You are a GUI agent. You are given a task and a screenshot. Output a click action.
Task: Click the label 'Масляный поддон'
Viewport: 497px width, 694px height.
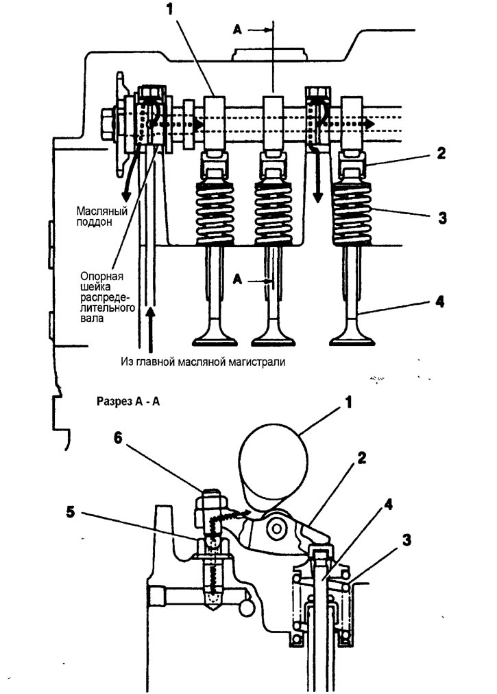coord(101,216)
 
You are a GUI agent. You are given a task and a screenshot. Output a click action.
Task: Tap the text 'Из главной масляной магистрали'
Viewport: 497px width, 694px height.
coord(203,362)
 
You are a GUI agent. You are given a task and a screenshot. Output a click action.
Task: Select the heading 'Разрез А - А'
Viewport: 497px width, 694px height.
coord(128,402)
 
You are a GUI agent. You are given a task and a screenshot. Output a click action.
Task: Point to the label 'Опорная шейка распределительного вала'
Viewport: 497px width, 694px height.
coord(108,297)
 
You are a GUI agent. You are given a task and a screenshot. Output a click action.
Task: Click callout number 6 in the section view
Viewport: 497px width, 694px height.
coord(117,438)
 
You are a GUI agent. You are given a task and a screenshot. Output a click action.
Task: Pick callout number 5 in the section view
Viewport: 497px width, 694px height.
coord(71,512)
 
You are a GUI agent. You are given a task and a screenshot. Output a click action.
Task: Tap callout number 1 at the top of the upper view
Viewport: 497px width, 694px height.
coord(171,10)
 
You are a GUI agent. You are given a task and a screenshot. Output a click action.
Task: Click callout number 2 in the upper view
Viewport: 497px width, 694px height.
coord(441,153)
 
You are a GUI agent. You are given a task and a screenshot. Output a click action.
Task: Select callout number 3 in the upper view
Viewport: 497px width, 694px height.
coord(441,218)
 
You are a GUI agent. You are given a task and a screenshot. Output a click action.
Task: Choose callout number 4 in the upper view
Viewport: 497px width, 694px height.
coord(439,302)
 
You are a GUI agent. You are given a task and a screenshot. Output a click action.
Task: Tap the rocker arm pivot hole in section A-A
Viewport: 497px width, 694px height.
coord(277,529)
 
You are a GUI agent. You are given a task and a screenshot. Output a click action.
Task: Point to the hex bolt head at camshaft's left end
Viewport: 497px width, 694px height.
coord(108,124)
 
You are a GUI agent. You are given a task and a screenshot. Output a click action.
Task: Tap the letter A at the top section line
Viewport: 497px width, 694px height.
coord(237,30)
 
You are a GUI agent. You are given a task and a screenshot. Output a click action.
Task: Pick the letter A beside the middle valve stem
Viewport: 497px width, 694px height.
coord(238,279)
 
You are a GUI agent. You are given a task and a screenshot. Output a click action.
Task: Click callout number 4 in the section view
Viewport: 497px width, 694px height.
coord(388,505)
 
